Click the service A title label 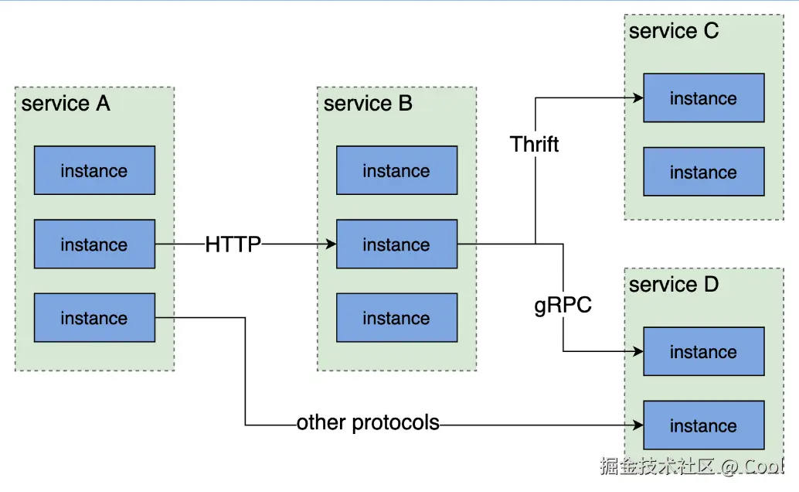coord(66,104)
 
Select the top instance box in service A coord(94,170)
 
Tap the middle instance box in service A coord(94,244)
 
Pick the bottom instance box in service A coord(94,318)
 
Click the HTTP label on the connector coord(233,244)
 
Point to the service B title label coord(368,104)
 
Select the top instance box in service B coord(396,170)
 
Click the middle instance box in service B coord(396,244)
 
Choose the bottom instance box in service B coord(396,318)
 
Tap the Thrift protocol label coord(534,144)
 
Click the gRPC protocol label coord(563,305)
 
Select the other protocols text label coord(368,423)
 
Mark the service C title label coord(673,31)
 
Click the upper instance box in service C coord(703,98)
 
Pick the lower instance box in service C coord(703,172)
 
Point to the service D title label coord(673,285)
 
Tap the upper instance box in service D coord(703,352)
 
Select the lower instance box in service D coord(703,425)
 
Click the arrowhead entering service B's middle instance coord(331,244)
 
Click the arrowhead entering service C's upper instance coord(638,98)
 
